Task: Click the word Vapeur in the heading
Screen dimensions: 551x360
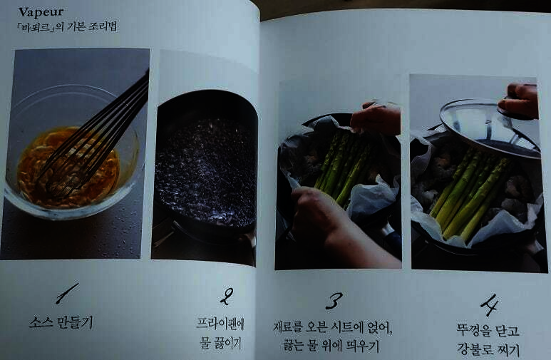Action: tap(41, 12)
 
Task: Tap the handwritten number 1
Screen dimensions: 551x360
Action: tap(67, 294)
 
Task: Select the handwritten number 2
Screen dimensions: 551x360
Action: tap(227, 296)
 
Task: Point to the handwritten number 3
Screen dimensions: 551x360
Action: tap(334, 301)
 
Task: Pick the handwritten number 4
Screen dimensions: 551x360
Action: tap(489, 305)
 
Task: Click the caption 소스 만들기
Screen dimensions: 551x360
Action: tap(61, 322)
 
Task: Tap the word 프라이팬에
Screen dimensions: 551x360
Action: tap(220, 324)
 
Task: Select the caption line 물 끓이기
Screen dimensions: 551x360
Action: tap(221, 343)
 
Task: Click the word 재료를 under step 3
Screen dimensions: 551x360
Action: tap(288, 327)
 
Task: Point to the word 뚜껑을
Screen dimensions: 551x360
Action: tap(474, 330)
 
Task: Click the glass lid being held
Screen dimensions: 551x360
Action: tap(489, 128)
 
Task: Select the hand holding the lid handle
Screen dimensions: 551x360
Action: tap(519, 101)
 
